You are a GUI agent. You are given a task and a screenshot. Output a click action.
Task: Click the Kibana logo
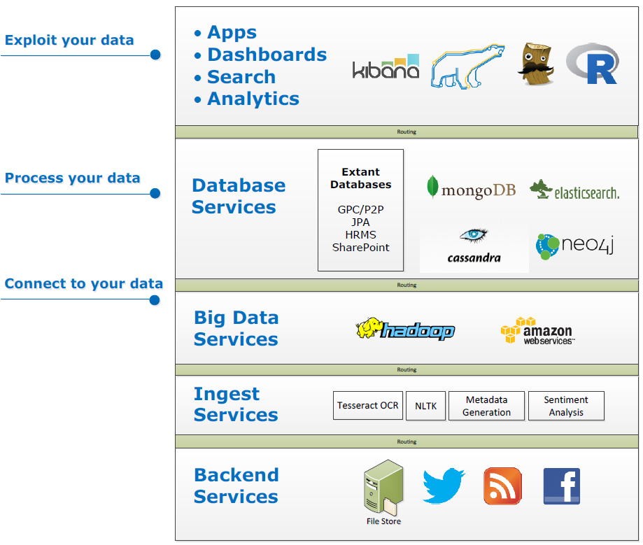(386, 67)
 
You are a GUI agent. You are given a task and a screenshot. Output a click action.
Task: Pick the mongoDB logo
(471, 188)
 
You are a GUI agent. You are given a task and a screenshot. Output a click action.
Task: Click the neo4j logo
(574, 246)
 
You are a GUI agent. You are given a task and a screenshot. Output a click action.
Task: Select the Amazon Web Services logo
(537, 331)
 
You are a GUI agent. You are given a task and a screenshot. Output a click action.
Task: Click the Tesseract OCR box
(368, 406)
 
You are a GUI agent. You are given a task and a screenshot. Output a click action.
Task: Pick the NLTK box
(425, 406)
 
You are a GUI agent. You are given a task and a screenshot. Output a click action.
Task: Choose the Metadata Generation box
(486, 406)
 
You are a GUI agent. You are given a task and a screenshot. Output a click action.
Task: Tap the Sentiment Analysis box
(566, 406)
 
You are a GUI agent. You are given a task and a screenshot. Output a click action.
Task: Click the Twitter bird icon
(444, 486)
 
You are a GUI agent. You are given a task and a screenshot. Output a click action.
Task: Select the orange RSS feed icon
(502, 486)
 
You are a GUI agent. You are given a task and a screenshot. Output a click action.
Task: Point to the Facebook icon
(562, 486)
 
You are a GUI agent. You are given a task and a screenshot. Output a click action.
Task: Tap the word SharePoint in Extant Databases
(360, 248)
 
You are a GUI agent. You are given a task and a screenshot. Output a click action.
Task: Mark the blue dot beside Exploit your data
(155, 55)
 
